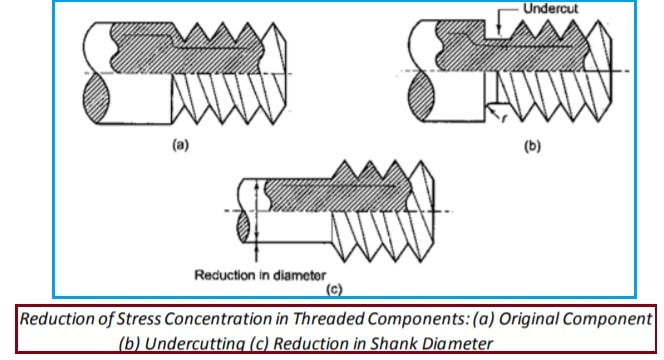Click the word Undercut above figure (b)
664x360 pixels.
[x=551, y=8]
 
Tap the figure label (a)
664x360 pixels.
[x=180, y=145]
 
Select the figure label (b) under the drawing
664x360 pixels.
[x=532, y=146]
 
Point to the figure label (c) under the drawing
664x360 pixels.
[x=334, y=289]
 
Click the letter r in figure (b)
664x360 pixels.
[x=504, y=119]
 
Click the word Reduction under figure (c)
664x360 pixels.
[x=226, y=275]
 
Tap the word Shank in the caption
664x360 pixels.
[x=392, y=343]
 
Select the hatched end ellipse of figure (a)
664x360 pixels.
[x=96, y=99]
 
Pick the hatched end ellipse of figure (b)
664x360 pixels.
[x=421, y=97]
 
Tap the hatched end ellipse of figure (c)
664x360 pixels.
[x=243, y=227]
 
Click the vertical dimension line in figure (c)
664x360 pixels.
[x=256, y=220]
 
